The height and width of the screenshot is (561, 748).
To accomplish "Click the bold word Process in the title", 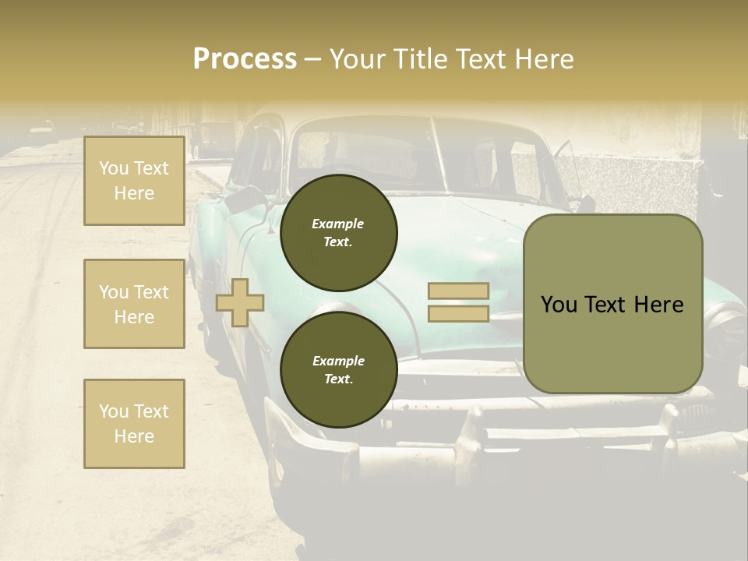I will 245,58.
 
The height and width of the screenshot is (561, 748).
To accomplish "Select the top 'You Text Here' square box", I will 134,181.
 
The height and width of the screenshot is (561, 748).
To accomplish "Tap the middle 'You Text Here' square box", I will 134,304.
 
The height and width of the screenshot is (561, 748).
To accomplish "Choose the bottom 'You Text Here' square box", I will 134,423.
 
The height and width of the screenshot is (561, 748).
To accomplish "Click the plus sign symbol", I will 240,302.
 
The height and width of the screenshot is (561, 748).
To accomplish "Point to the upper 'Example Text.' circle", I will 338,232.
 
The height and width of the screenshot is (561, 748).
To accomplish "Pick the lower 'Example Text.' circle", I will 338,369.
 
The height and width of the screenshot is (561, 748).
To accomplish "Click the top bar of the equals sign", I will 458,291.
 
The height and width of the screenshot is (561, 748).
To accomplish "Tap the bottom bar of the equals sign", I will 458,313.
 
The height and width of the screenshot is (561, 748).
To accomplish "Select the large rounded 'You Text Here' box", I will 612,304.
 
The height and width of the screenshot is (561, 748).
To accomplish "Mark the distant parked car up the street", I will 42,127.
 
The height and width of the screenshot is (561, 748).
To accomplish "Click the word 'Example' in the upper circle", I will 338,224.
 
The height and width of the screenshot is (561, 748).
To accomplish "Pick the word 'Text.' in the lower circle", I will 338,379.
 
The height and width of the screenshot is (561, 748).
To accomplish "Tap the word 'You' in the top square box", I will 114,168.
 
